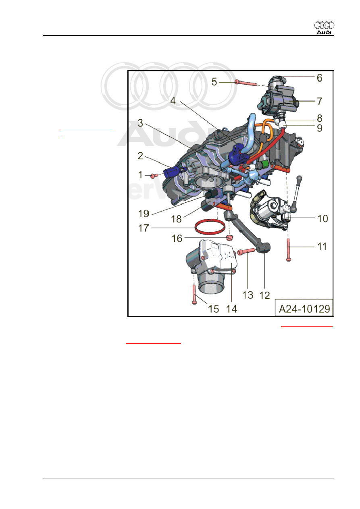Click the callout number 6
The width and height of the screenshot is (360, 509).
pos(319,78)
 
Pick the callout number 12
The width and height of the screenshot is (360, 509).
pos(264,295)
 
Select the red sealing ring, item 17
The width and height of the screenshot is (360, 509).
pos(210,227)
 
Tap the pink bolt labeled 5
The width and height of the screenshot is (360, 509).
pos(246,83)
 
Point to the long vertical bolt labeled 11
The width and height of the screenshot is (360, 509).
pos(289,250)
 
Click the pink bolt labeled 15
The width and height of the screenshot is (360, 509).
pos(194,293)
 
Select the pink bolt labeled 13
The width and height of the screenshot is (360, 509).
pos(247,251)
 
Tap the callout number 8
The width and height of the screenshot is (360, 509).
pos(319,119)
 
